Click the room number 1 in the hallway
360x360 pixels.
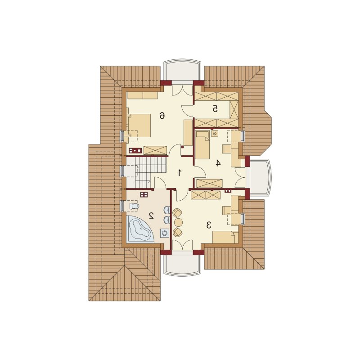(180, 172)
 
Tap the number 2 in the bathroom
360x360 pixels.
(151, 216)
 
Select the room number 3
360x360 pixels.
(209, 225)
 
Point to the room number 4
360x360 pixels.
(218, 163)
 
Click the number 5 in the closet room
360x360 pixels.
(215, 109)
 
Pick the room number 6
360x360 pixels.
(162, 116)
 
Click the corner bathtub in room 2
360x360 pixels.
(140, 229)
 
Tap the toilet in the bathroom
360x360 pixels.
(134, 206)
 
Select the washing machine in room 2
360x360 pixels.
(165, 233)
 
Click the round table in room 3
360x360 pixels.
(178, 222)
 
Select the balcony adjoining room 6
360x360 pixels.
(182, 70)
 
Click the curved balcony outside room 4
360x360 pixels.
(260, 177)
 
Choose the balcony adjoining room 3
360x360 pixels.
(182, 265)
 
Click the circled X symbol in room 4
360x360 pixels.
(215, 133)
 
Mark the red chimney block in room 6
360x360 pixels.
(135, 151)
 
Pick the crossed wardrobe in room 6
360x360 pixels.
(155, 150)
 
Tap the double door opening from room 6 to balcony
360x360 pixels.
(182, 90)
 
